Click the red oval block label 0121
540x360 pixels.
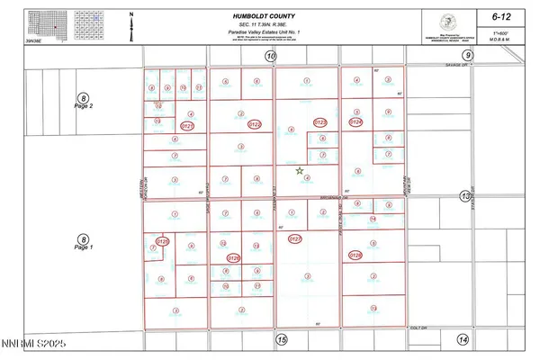[x=189, y=127]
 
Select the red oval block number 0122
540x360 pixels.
[x=254, y=124]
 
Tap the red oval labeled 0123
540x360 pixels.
[x=319, y=121]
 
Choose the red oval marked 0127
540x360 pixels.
[x=295, y=239]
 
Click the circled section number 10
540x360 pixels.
[x=270, y=57]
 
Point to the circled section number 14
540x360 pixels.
[x=463, y=339]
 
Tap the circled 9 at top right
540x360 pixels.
[x=468, y=57]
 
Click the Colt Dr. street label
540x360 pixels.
[x=416, y=328]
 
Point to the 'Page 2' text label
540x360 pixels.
[x=84, y=106]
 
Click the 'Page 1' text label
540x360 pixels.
[x=84, y=247]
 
